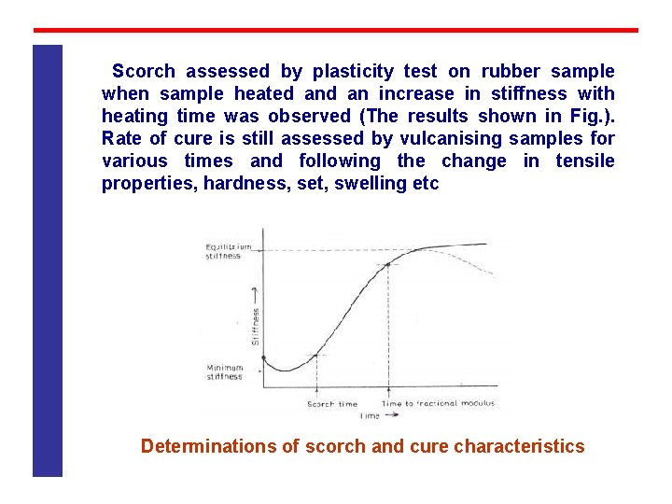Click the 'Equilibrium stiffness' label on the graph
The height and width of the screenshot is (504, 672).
pyautogui.click(x=228, y=251)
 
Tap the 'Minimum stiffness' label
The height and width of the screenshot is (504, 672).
pyautogui.click(x=224, y=371)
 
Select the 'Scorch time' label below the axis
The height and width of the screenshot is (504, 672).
pyautogui.click(x=332, y=404)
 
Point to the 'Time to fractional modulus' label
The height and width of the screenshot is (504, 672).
pyautogui.click(x=438, y=404)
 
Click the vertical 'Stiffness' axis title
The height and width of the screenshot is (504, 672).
pyautogui.click(x=255, y=321)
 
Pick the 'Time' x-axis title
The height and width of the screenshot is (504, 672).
pyautogui.click(x=371, y=415)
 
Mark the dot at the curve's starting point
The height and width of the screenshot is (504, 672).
pyautogui.click(x=264, y=357)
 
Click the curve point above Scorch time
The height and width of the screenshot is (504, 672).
pyautogui.click(x=317, y=355)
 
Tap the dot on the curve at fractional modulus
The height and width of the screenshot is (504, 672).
pyautogui.click(x=388, y=265)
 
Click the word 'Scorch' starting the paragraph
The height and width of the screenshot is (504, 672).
pyautogui.click(x=144, y=71)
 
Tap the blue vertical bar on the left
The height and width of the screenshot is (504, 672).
pyautogui.click(x=48, y=261)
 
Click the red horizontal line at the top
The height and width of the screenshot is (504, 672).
pyautogui.click(x=336, y=30)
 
